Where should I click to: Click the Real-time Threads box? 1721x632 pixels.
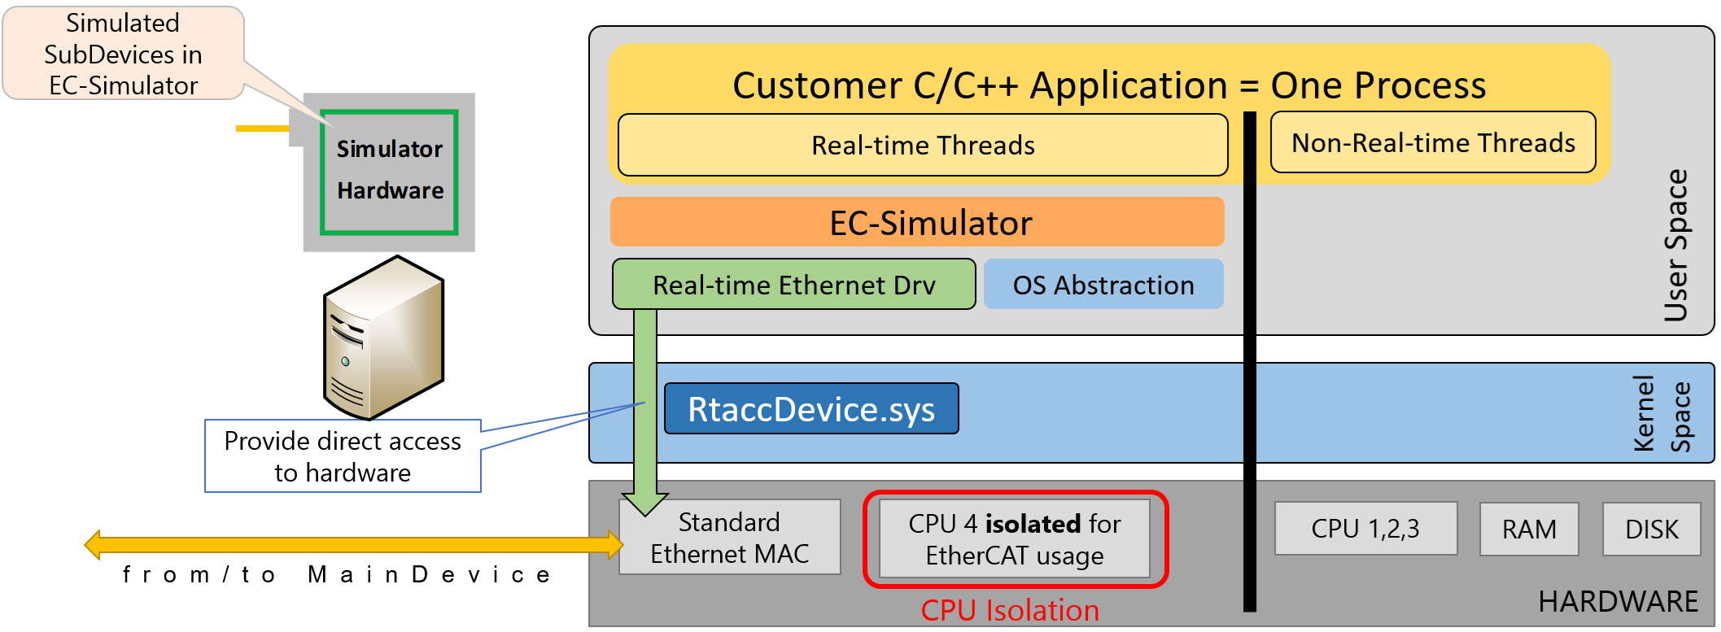tap(922, 145)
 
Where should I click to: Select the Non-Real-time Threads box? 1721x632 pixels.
tap(1432, 143)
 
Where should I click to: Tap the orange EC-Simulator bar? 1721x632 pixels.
tap(917, 222)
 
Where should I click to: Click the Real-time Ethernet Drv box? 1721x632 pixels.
tap(793, 285)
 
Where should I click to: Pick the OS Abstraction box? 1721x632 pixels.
tap(1103, 285)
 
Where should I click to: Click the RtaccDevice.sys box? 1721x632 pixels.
tap(811, 408)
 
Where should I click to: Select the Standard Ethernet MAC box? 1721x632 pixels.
tap(729, 537)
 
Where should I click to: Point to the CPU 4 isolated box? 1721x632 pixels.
tap(1015, 538)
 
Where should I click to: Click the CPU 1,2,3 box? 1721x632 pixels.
tap(1365, 529)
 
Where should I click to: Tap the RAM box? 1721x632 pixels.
tap(1528, 529)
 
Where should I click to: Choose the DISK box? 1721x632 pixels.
tap(1651, 529)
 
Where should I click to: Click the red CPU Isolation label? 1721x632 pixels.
tap(1009, 610)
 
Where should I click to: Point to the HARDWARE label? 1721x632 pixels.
tap(1618, 601)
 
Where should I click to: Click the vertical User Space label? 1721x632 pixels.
tap(1675, 244)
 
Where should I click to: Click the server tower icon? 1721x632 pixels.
tap(383, 338)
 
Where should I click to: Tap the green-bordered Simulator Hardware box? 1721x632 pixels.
tap(389, 172)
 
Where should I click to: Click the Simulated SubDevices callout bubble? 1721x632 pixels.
tap(123, 54)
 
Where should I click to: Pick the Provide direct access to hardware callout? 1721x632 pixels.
tap(343, 456)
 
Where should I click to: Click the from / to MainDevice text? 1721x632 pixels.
tap(337, 574)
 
